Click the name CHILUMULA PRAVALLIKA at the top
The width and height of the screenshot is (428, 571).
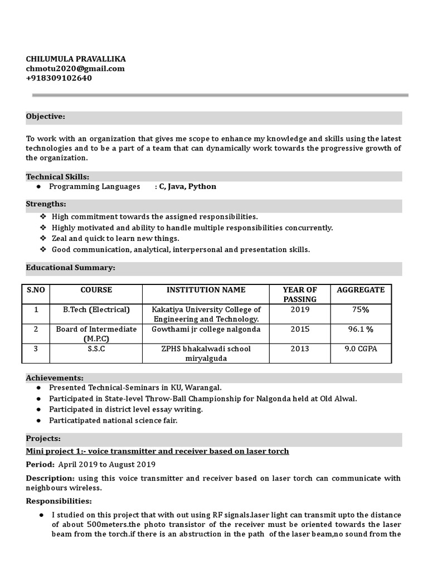[76, 59]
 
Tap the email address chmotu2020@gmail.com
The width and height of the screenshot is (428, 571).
[75, 69]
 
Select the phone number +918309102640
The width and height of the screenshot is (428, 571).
[59, 78]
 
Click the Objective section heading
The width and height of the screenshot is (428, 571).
[46, 117]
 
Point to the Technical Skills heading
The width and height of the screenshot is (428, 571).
[57, 177]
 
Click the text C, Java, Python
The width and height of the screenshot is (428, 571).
[188, 187]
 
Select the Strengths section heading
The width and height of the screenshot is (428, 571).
[46, 204]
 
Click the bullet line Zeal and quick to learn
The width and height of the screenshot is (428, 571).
[115, 239]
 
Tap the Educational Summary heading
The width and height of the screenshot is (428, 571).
[71, 268]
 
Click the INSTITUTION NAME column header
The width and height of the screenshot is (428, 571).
[206, 290]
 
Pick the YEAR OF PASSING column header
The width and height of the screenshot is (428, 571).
[300, 294]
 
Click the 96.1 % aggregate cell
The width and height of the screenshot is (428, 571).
[361, 330]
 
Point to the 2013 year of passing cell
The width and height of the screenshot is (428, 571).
[300, 349]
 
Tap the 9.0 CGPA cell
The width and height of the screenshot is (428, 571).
[361, 349]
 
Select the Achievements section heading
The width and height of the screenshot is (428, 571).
[55, 378]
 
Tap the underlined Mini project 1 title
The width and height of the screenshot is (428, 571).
[157, 451]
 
